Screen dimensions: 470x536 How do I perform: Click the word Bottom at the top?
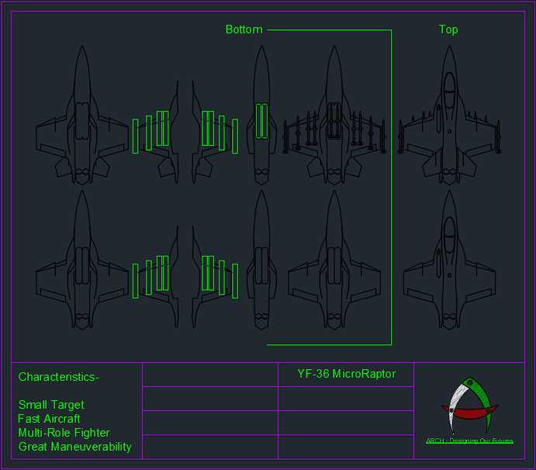click(244, 29)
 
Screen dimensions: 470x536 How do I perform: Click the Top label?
click(448, 29)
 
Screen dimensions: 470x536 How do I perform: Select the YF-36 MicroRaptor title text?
click(346, 374)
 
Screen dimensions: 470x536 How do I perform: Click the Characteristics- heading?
click(59, 377)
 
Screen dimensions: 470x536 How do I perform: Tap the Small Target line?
click(51, 405)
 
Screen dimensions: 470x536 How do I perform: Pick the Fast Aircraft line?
click(49, 419)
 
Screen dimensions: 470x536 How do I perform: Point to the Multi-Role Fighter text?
click(64, 433)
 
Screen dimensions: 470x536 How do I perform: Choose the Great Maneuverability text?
click(74, 447)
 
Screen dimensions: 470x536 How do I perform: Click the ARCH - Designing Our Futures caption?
click(469, 441)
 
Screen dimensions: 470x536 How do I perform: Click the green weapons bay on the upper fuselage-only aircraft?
click(261, 121)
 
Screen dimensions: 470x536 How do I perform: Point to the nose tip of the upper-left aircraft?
click(81, 47)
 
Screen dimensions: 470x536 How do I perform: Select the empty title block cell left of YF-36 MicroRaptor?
click(210, 374)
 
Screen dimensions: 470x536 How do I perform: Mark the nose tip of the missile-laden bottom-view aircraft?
click(334, 47)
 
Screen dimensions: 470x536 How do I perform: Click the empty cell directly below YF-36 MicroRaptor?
click(346, 399)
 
